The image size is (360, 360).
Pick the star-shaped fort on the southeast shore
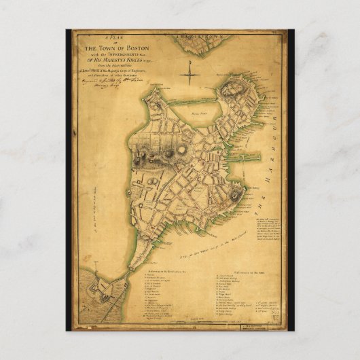coord(235,196)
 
